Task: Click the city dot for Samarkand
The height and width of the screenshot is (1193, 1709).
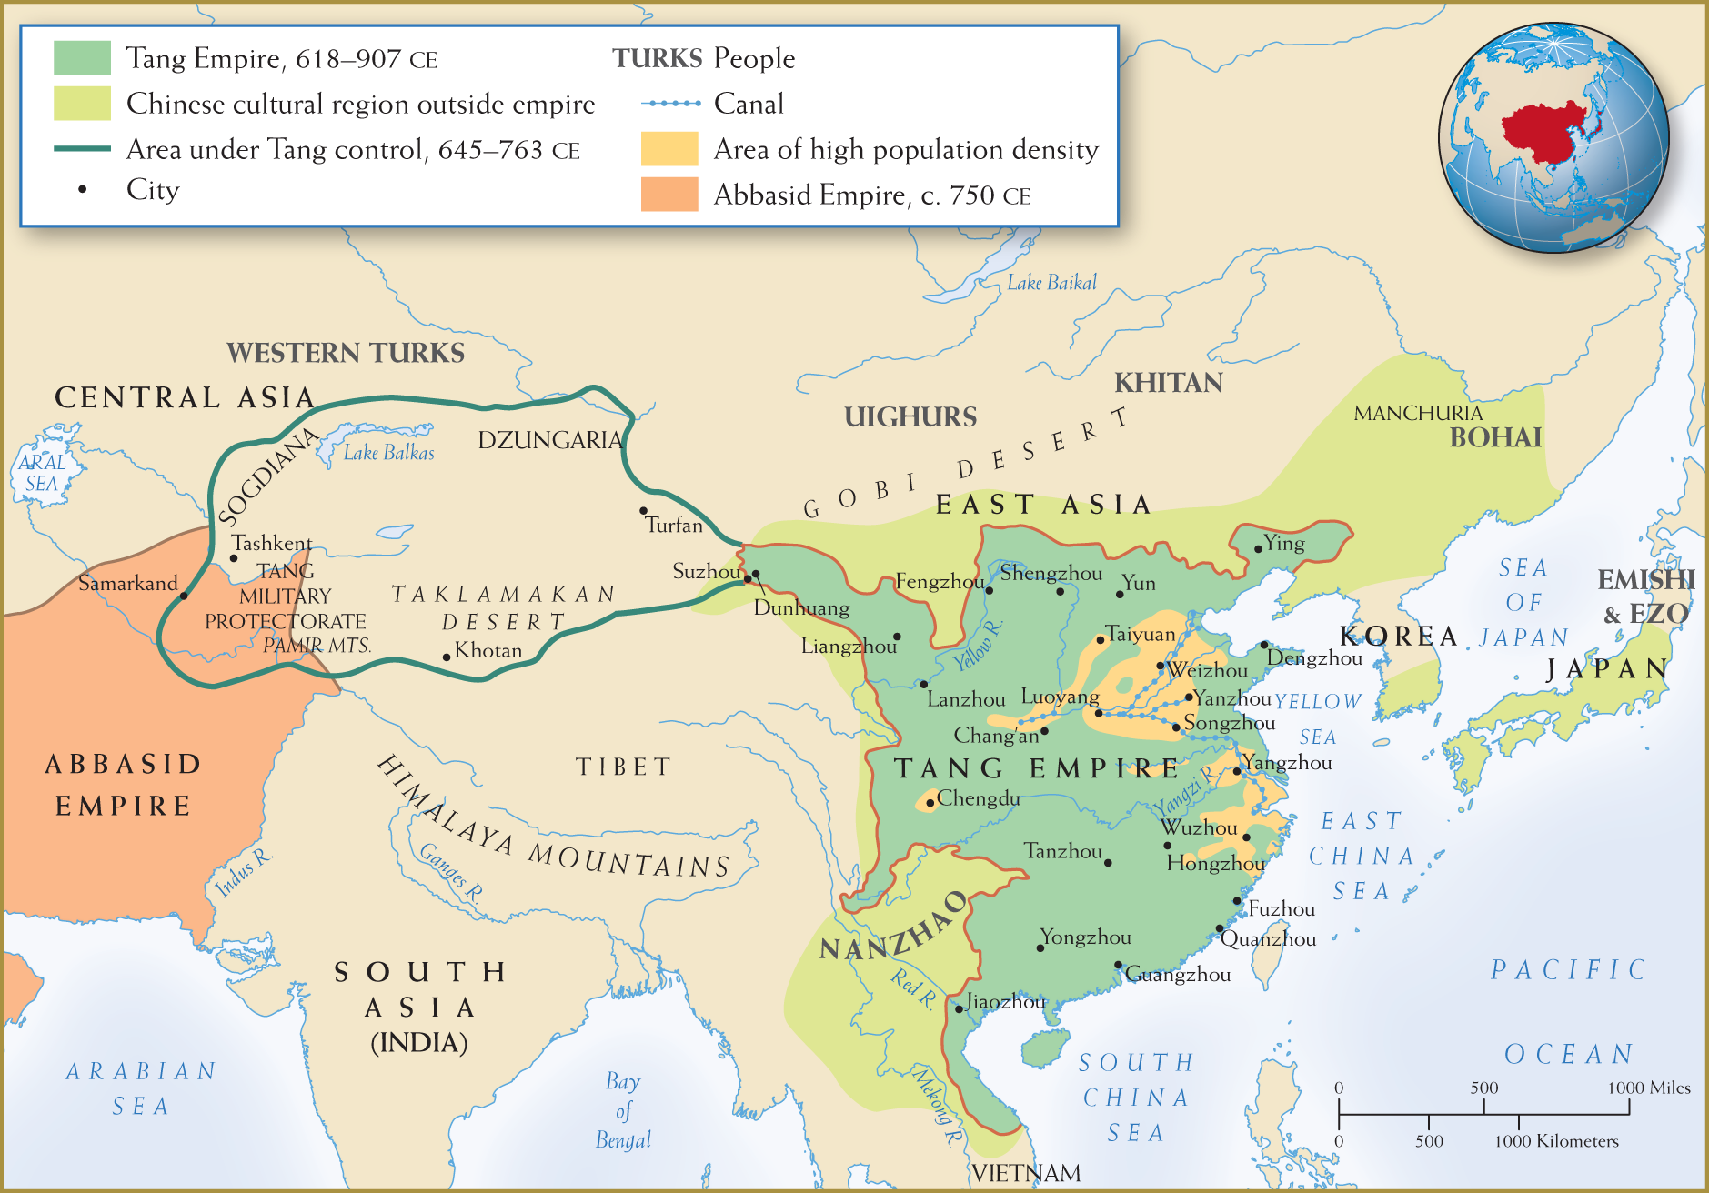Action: point(184,596)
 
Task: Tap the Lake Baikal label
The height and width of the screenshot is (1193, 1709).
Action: point(1051,283)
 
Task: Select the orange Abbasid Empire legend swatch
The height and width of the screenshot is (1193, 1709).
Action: point(669,195)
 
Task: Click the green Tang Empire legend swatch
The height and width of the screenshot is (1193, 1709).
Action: point(82,58)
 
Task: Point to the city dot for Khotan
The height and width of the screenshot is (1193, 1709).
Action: point(447,657)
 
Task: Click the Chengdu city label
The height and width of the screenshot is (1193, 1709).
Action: point(978,798)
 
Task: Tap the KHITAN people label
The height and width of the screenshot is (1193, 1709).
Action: point(1169,383)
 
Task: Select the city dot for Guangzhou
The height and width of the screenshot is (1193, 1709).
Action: point(1119,965)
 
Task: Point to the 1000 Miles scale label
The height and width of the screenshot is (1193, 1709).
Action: point(1648,1088)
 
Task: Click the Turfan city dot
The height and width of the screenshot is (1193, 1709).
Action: point(643,511)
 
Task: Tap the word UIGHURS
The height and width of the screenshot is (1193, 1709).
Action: point(910,416)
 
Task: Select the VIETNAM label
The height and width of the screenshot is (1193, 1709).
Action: point(1026,1173)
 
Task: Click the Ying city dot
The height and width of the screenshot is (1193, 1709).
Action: point(1258,548)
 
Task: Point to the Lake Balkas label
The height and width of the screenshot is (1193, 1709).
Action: point(388,452)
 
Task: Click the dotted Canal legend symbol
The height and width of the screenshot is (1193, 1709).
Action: point(671,104)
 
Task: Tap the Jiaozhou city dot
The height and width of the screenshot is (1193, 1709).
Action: point(959,1008)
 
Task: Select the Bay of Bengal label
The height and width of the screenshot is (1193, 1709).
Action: point(623,1110)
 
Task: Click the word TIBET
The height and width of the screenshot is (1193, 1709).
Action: point(624,767)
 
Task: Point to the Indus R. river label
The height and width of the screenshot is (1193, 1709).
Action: point(243,873)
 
